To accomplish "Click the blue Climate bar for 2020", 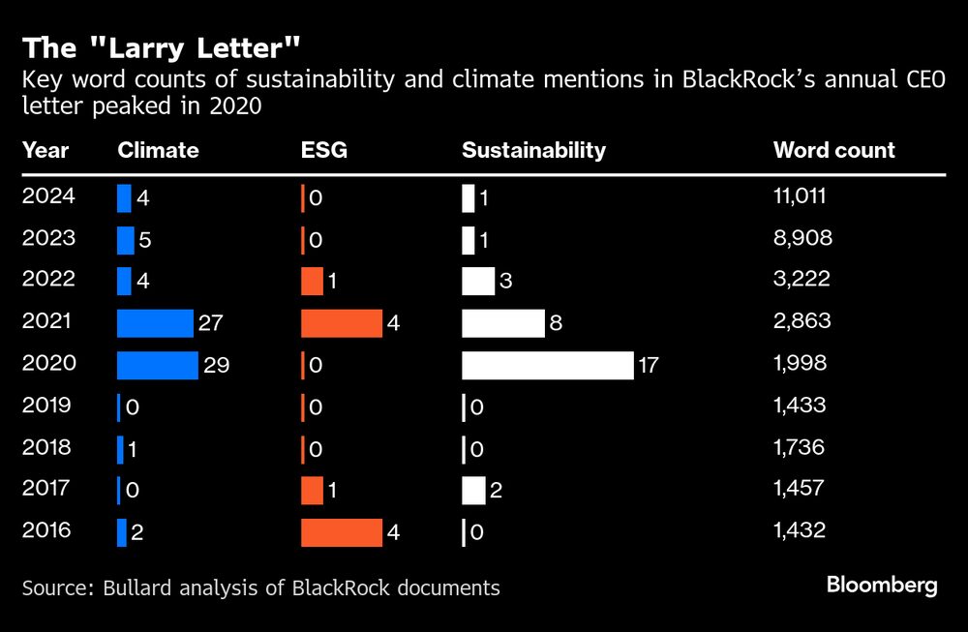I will pyautogui.click(x=157, y=365).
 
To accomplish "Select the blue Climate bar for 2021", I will pyautogui.click(x=155, y=323).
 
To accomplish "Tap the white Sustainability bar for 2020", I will pyautogui.click(x=547, y=365).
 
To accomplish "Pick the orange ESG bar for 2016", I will pyautogui.click(x=341, y=531).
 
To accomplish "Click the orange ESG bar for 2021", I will pyautogui.click(x=341, y=323).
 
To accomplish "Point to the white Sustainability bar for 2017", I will pyautogui.click(x=473, y=490).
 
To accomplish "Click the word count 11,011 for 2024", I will pyautogui.click(x=799, y=197).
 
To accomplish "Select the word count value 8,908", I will pyautogui.click(x=802, y=239).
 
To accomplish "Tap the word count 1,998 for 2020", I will pyautogui.click(x=800, y=364).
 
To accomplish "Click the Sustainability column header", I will pyautogui.click(x=533, y=150).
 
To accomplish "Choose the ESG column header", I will pyautogui.click(x=323, y=150).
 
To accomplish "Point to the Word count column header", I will pyautogui.click(x=833, y=150).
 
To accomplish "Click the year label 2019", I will pyautogui.click(x=45, y=406).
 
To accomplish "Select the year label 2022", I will pyautogui.click(x=45, y=281).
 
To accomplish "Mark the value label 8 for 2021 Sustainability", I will pyautogui.click(x=557, y=323).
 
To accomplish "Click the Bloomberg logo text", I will pyautogui.click(x=881, y=585).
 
